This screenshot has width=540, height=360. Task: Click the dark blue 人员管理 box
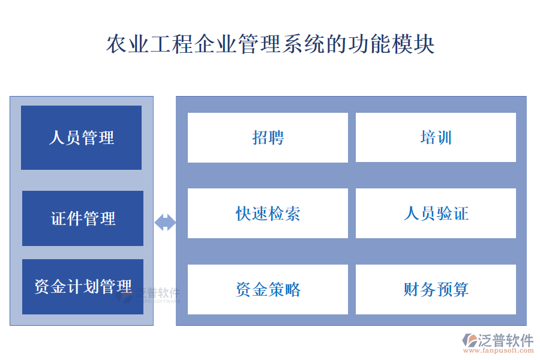(x=81, y=138)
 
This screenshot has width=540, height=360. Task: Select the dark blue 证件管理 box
(x=83, y=218)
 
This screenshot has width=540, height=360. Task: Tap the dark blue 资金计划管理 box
(x=83, y=287)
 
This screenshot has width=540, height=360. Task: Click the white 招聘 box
(x=268, y=138)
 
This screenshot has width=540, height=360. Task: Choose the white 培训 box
(x=436, y=138)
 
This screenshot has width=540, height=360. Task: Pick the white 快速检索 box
(x=268, y=214)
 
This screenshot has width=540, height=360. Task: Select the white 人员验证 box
(x=436, y=214)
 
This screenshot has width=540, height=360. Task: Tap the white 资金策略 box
(x=268, y=290)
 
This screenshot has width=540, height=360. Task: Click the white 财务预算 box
(x=436, y=290)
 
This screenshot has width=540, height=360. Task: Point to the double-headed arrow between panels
(x=165, y=223)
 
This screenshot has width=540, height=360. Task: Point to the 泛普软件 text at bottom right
(x=506, y=340)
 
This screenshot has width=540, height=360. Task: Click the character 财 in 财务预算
(x=412, y=290)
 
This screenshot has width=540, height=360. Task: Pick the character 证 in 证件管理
(x=59, y=218)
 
